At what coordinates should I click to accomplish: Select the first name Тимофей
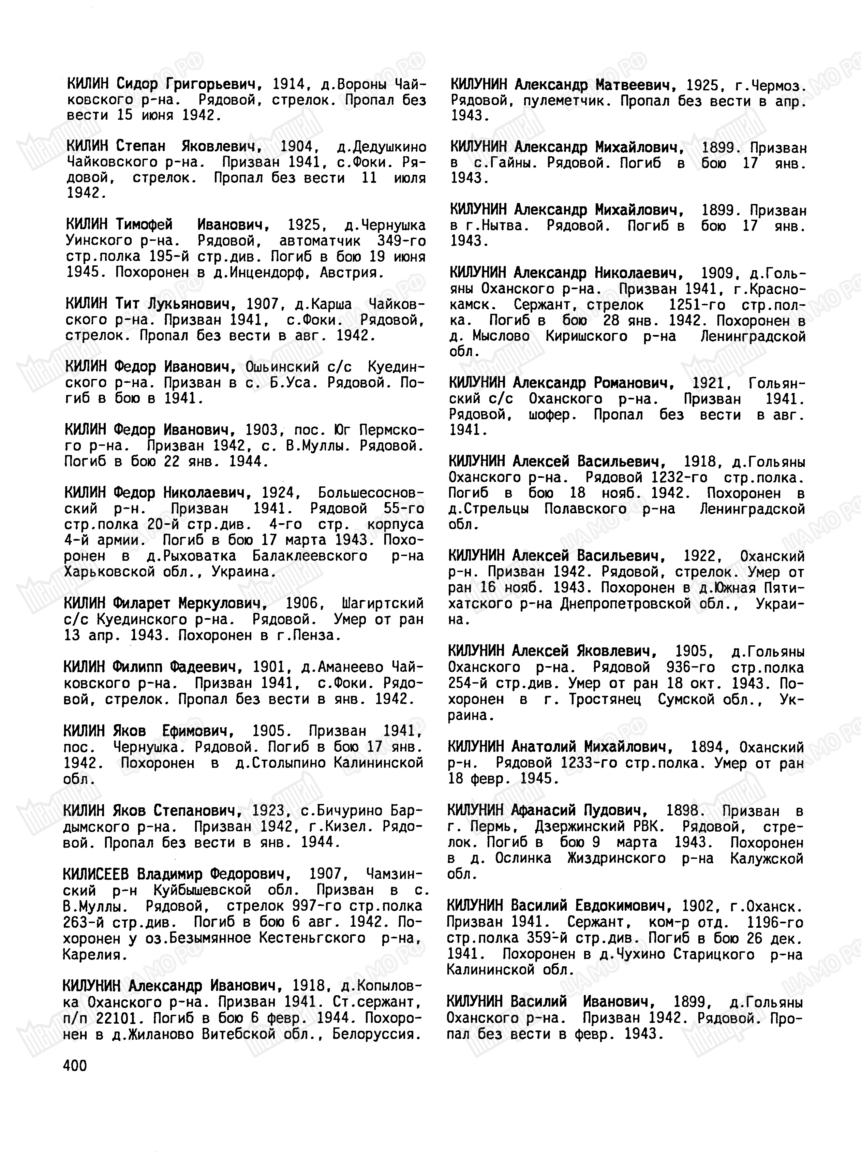(x=144, y=225)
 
